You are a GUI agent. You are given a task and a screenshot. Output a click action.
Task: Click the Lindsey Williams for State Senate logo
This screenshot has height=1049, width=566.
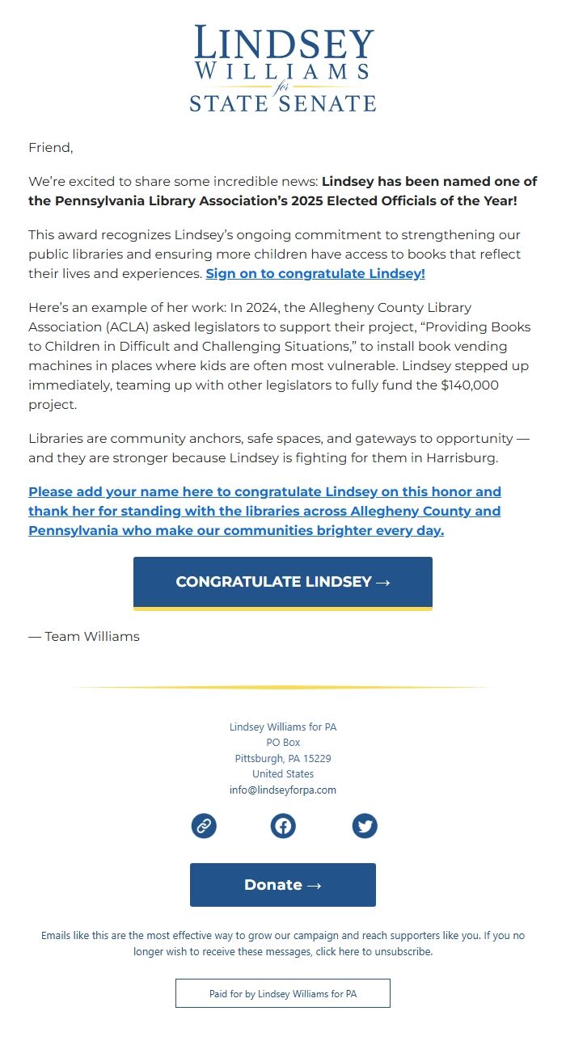pyautogui.click(x=283, y=69)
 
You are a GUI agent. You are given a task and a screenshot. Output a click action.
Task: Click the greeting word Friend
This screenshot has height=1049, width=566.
pyautogui.click(x=50, y=147)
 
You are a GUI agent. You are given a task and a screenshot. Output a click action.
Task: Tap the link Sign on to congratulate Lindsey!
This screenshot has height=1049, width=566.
pyautogui.click(x=315, y=273)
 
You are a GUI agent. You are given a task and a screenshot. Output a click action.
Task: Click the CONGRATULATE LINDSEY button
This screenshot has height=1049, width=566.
pyautogui.click(x=283, y=582)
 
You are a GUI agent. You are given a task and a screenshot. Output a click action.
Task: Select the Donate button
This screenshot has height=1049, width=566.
pyautogui.click(x=283, y=885)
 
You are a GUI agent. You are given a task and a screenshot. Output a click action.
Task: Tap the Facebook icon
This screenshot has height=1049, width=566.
pyautogui.click(x=283, y=826)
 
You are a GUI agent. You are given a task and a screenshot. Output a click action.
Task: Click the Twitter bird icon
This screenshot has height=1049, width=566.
pyautogui.click(x=365, y=826)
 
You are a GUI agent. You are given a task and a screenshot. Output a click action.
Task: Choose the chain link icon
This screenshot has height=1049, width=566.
pyautogui.click(x=204, y=826)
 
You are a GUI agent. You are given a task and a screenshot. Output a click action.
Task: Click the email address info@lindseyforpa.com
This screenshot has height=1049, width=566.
pyautogui.click(x=283, y=790)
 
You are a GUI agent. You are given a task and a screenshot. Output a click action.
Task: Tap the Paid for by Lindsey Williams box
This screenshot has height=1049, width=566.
pyautogui.click(x=283, y=993)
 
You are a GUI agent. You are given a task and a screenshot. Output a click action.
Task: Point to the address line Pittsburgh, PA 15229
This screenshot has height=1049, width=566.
pyautogui.click(x=283, y=758)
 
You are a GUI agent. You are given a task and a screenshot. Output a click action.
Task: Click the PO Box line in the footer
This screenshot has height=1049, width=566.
pyautogui.click(x=283, y=742)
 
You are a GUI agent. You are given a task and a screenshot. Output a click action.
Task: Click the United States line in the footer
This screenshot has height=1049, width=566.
pyautogui.click(x=283, y=773)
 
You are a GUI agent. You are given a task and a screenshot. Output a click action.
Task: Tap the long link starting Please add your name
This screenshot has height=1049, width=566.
pyautogui.click(x=264, y=511)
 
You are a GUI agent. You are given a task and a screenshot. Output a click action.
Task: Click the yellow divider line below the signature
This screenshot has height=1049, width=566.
pyautogui.click(x=283, y=688)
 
